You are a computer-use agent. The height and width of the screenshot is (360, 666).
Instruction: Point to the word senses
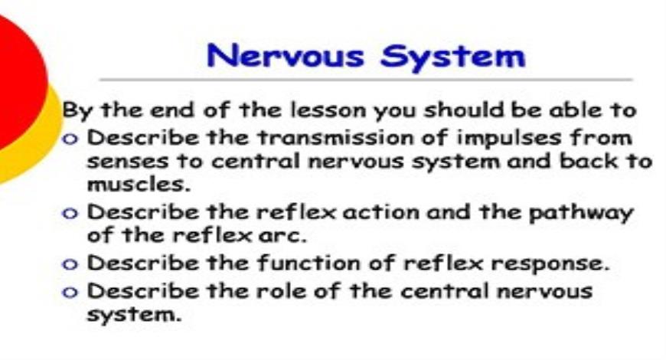pyautogui.click(x=125, y=162)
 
